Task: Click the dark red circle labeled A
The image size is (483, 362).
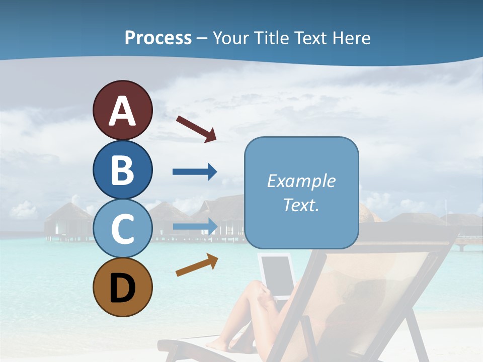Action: (x=122, y=110)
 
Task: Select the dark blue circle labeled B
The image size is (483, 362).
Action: (x=122, y=170)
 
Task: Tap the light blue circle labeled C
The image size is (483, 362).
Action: (x=122, y=229)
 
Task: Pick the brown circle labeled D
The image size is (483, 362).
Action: (x=122, y=287)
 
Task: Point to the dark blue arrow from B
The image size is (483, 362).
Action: (x=195, y=172)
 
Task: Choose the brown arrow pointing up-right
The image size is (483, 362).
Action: (x=197, y=265)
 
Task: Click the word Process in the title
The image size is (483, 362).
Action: (x=158, y=38)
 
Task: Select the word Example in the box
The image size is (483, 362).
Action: (x=301, y=181)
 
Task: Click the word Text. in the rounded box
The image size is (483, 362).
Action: (x=301, y=205)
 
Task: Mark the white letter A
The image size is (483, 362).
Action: (x=122, y=111)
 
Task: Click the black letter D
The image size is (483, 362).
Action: (x=122, y=288)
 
